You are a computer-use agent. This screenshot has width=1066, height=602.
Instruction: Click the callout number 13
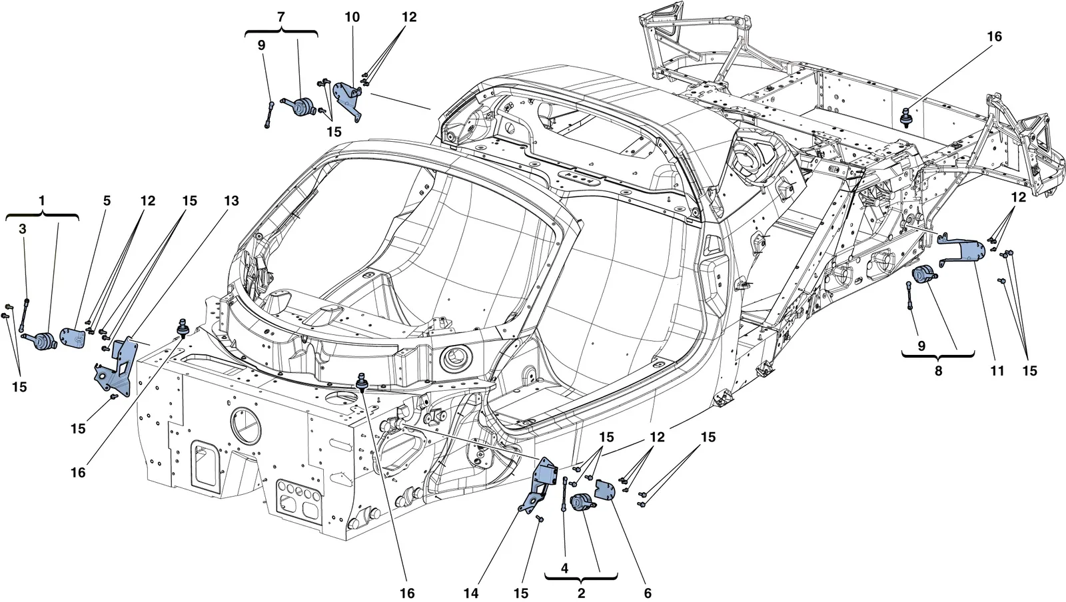[x=231, y=201]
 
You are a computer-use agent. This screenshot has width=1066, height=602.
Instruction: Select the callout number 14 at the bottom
[x=471, y=593]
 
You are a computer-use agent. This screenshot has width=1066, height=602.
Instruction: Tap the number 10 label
[x=352, y=17]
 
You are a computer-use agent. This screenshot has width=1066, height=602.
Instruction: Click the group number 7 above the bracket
[x=280, y=17]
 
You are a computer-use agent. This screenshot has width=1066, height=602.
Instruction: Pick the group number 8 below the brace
[x=938, y=370]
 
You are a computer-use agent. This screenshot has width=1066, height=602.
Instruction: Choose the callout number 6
[x=647, y=593]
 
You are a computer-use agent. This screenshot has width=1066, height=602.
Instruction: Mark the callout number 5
[x=107, y=201]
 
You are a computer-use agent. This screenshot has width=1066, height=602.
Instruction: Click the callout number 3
[x=23, y=228]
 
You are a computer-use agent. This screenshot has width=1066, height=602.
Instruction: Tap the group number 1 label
[x=42, y=201]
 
